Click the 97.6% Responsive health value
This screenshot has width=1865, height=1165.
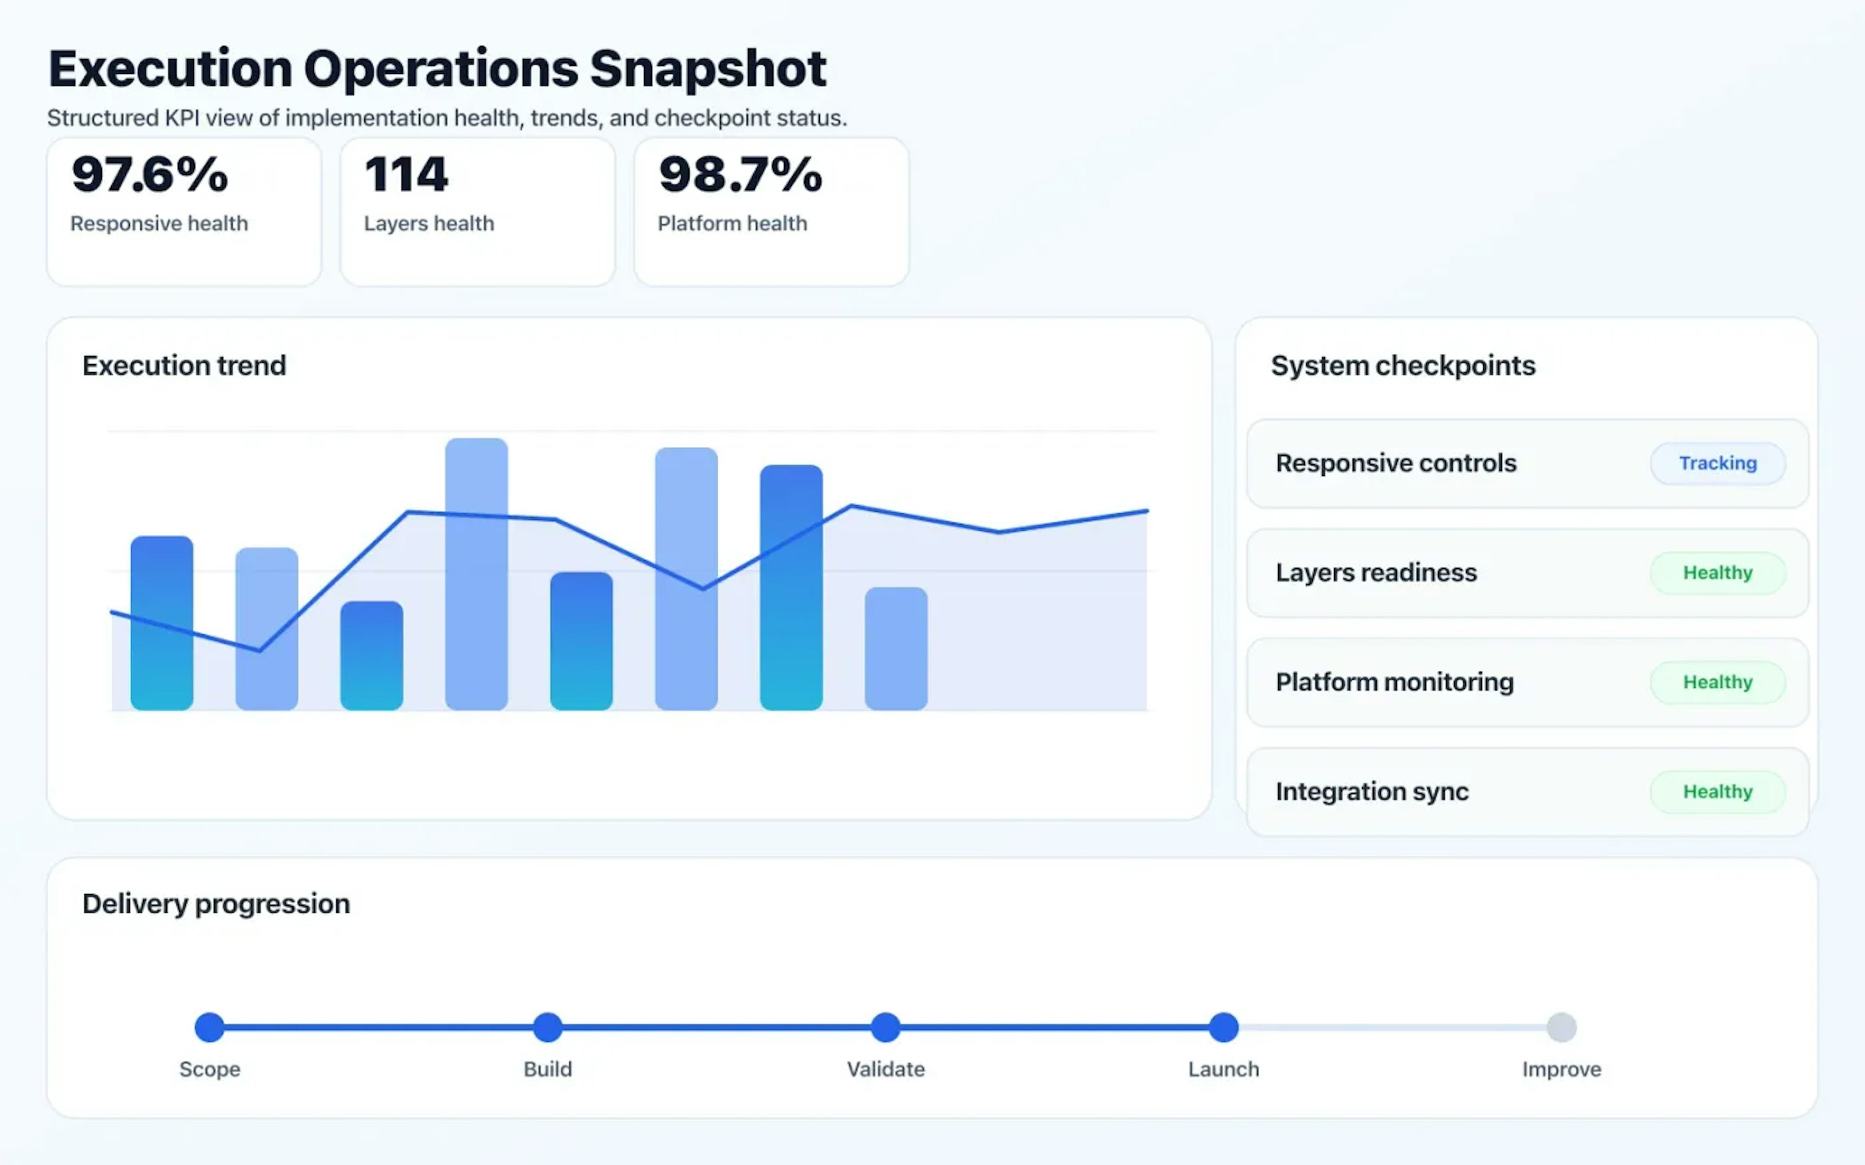tap(150, 174)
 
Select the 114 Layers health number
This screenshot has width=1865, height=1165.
tap(406, 174)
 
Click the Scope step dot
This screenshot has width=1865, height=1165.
tap(210, 1027)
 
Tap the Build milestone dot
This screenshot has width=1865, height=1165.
tap(548, 1027)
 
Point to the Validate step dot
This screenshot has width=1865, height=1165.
tap(885, 1027)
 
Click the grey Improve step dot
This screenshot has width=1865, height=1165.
tap(1561, 1027)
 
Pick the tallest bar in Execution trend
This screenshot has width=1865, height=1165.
tap(476, 574)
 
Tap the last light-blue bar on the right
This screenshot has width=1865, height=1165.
tap(896, 649)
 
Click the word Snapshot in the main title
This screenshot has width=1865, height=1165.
tap(708, 69)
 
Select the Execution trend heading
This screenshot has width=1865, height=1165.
tap(184, 365)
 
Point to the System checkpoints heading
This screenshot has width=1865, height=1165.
tap(1403, 365)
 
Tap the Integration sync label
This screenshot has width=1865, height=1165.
tap(1372, 791)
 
